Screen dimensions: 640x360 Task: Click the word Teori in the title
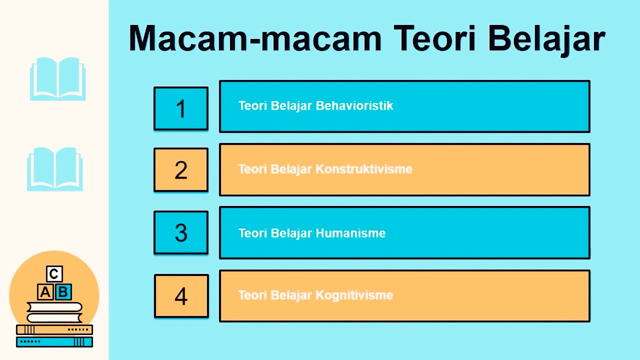point(434,38)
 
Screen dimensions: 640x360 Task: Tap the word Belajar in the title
point(546,40)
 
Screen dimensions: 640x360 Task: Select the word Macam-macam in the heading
point(255,38)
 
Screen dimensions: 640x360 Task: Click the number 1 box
point(181,108)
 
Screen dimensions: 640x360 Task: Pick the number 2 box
point(181,169)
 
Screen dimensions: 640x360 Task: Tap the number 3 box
point(181,232)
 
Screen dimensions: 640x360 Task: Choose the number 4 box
point(181,296)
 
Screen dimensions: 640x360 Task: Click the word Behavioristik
point(354,105)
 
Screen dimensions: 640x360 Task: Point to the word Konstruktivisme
point(364,169)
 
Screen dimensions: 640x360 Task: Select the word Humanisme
point(350,233)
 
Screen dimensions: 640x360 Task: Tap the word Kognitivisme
point(354,295)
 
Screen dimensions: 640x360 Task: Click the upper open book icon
point(58,79)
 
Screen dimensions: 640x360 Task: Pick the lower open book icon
point(55,169)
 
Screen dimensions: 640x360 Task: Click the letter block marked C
point(54,273)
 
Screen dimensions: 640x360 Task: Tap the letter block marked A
point(45,291)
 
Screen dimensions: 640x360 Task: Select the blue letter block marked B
point(63,291)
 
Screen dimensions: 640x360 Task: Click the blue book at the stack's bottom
point(54,342)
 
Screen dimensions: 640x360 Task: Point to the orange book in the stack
point(54,329)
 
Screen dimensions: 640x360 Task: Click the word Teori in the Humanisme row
point(252,233)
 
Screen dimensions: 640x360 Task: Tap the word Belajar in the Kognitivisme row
point(291,295)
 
